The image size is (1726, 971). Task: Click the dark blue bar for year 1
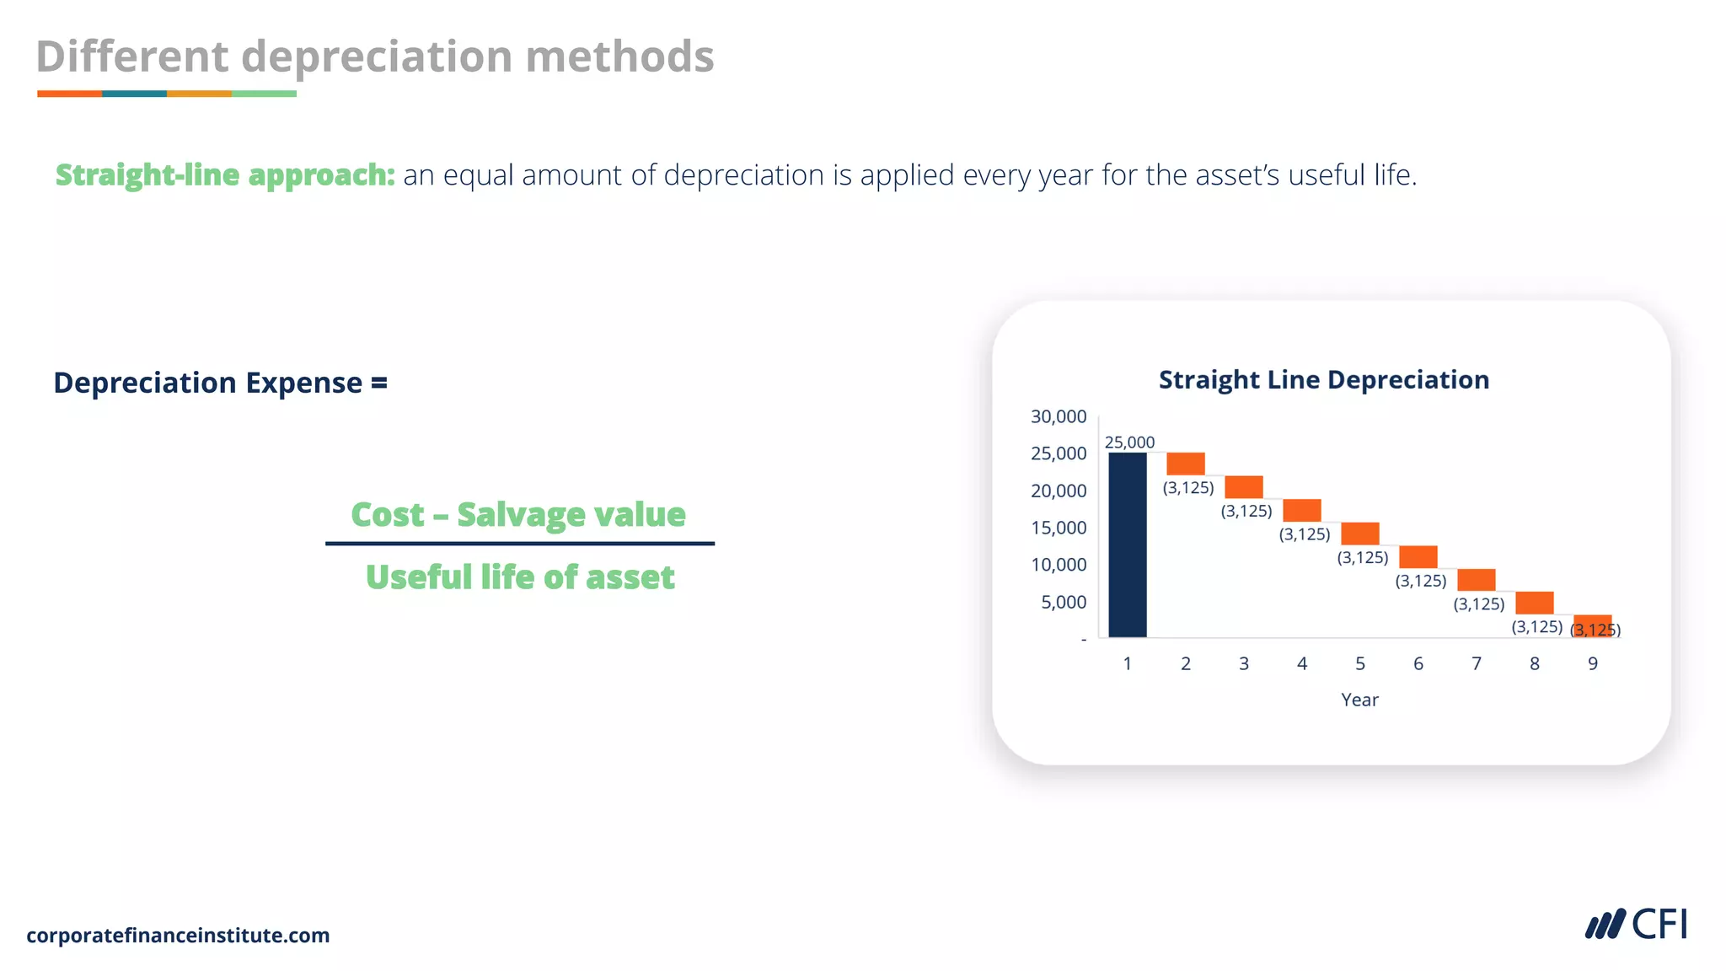pyautogui.click(x=1127, y=545)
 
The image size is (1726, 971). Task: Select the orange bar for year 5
pyautogui.click(x=1359, y=533)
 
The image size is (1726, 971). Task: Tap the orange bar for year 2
pyautogui.click(x=1185, y=464)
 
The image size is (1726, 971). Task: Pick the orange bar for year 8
pyautogui.click(x=1534, y=602)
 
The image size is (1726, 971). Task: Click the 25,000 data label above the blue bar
pyautogui.click(x=1129, y=442)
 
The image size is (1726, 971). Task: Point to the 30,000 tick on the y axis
pyautogui.click(x=1059, y=416)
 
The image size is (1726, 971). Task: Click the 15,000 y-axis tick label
pyautogui.click(x=1059, y=528)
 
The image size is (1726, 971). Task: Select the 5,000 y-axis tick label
pyautogui.click(x=1064, y=602)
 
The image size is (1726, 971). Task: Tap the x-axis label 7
pyautogui.click(x=1476, y=663)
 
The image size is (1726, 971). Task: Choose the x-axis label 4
pyautogui.click(x=1301, y=663)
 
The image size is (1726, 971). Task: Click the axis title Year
pyautogui.click(x=1359, y=700)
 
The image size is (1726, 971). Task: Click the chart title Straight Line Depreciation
pyautogui.click(x=1323, y=379)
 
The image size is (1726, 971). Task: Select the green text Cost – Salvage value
pyautogui.click(x=518, y=514)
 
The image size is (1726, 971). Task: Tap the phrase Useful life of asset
pyautogui.click(x=520, y=577)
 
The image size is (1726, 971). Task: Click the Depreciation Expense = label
pyautogui.click(x=221, y=383)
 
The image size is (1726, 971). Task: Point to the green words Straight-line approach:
pyautogui.click(x=225, y=174)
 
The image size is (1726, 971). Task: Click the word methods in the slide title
pyautogui.click(x=619, y=56)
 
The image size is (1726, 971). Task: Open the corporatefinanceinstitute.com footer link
pyautogui.click(x=178, y=935)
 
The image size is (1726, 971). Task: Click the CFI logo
pyautogui.click(x=1636, y=925)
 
